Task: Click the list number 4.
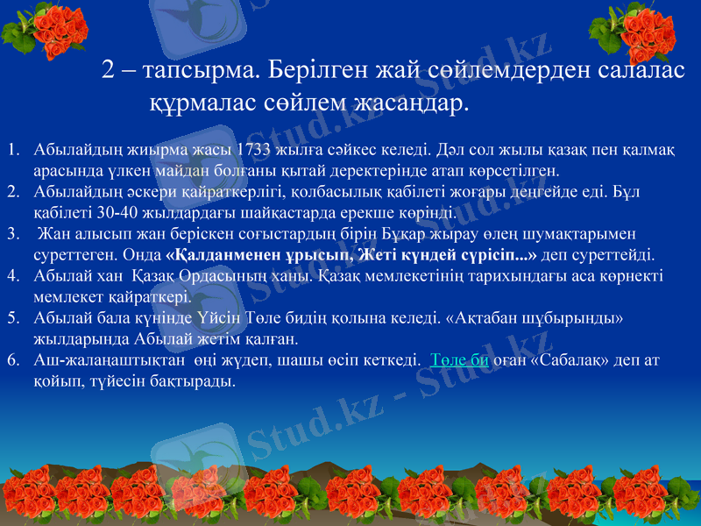click(12, 275)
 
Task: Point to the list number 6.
click(12, 360)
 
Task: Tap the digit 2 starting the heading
click(109, 69)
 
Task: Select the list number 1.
click(12, 148)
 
